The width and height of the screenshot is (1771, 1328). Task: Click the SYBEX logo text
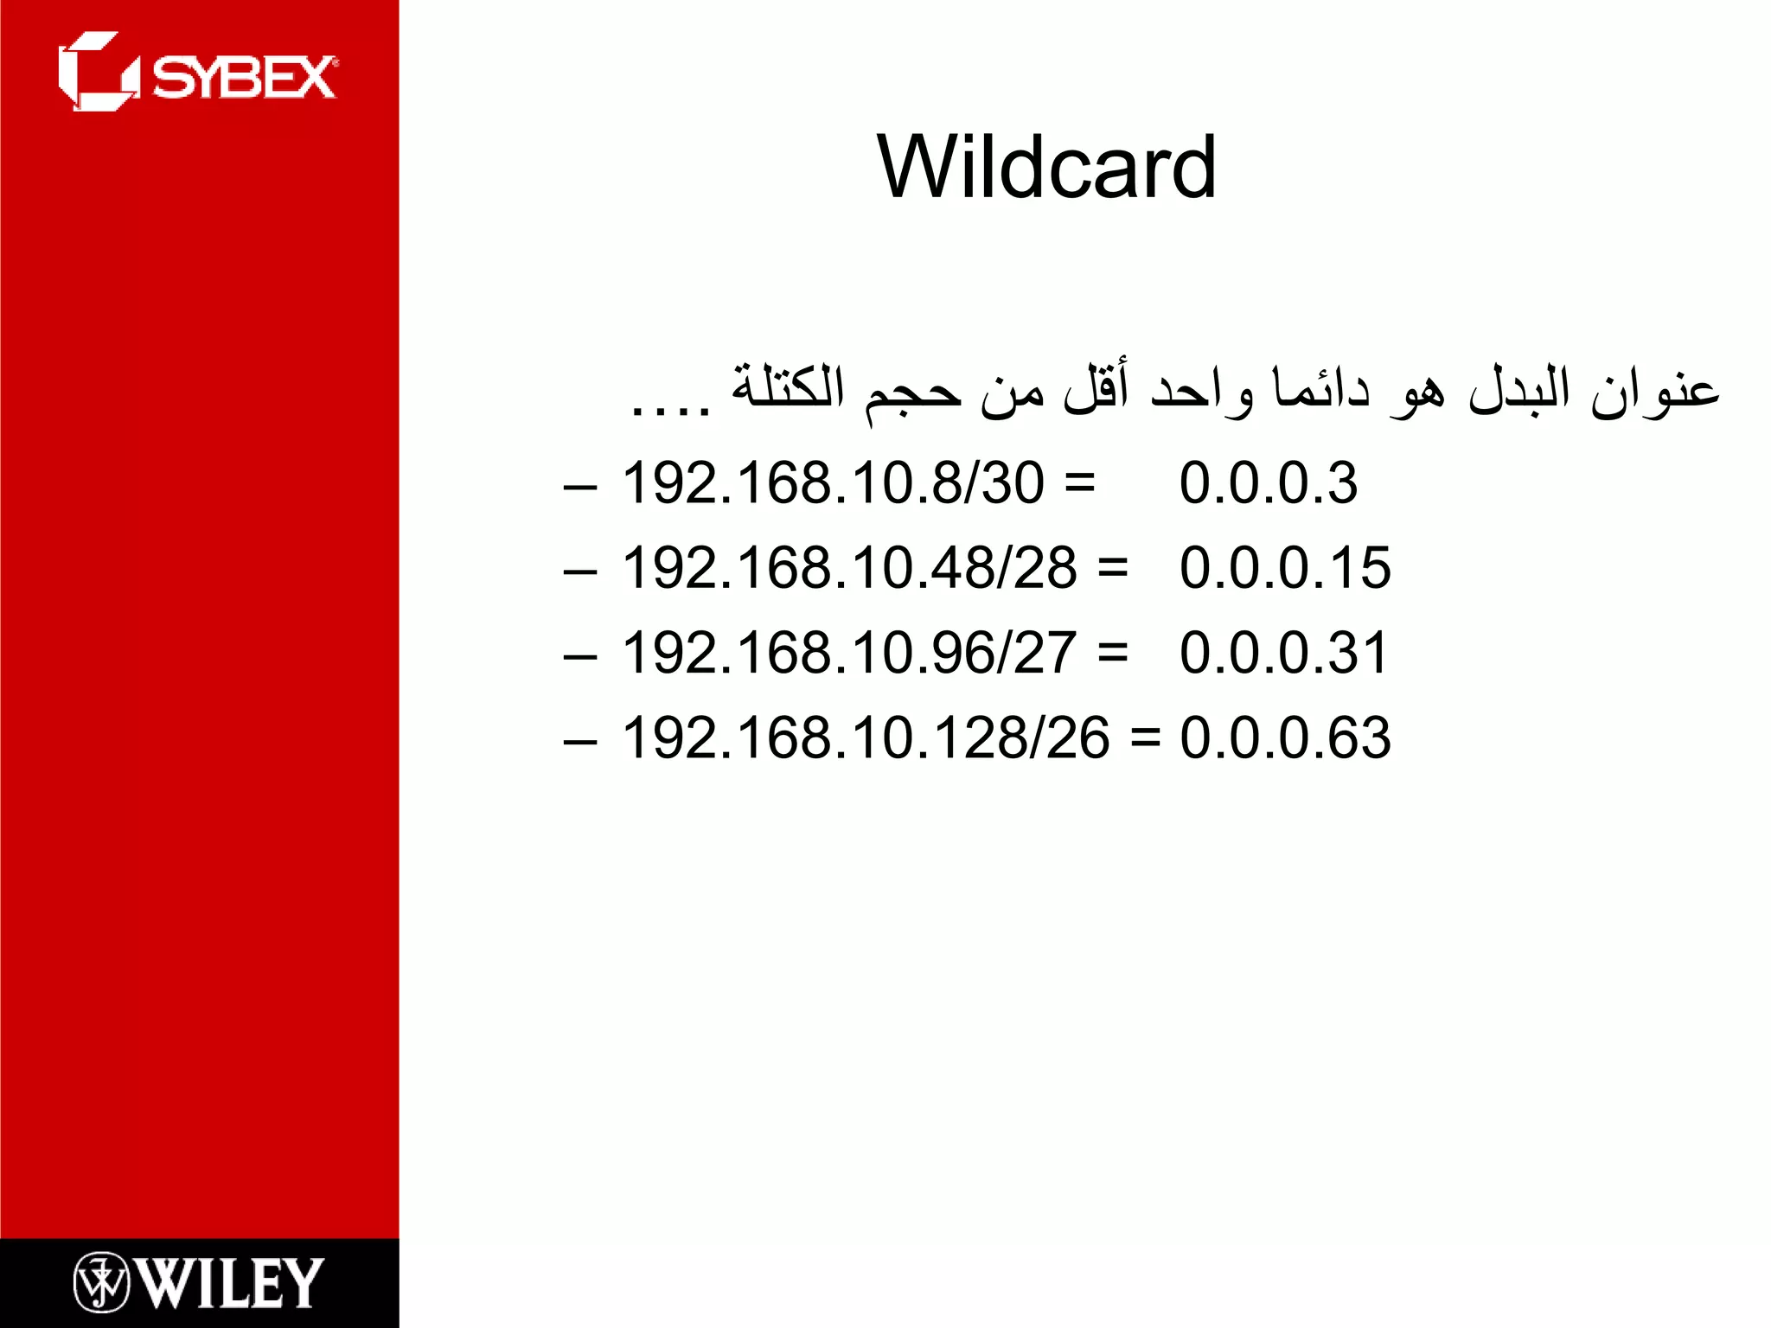point(245,79)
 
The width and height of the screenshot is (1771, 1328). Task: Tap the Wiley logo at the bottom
point(199,1282)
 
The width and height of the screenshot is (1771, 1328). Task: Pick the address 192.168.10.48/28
point(849,568)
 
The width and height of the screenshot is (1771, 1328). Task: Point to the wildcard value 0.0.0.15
point(1285,568)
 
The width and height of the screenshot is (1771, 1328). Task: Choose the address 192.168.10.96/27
point(849,653)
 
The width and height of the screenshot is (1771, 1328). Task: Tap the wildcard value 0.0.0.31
point(1284,653)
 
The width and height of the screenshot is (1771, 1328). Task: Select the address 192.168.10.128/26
point(866,738)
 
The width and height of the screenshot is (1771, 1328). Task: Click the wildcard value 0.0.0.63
point(1285,738)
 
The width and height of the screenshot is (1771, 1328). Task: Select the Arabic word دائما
point(1320,389)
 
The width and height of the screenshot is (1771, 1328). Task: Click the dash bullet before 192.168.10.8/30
point(579,487)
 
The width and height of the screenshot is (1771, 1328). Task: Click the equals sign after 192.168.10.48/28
point(1113,568)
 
